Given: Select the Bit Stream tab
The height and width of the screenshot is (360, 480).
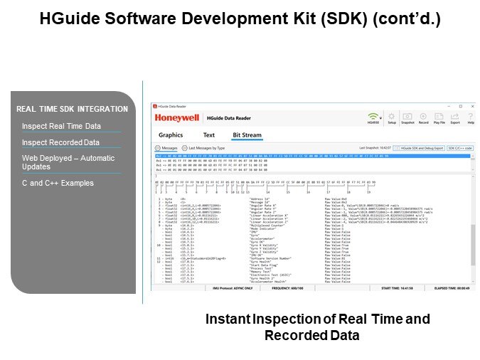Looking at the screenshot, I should point(247,135).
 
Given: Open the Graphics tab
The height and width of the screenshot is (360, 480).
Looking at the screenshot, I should point(171,135).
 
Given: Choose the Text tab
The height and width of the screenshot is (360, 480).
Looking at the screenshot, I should point(208,135).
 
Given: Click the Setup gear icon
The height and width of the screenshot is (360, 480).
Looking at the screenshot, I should point(391,117).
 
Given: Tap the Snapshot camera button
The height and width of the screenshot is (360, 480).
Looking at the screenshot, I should point(407,117).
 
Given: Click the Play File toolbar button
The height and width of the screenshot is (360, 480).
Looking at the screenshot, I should point(439,117).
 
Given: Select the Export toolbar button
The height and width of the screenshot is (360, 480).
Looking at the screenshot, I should point(455,117).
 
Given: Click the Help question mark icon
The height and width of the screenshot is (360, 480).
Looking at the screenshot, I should point(470,117).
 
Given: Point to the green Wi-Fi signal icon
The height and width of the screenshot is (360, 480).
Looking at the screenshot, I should point(373,116).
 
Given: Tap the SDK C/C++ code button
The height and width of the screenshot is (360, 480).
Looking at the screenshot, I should point(460,147).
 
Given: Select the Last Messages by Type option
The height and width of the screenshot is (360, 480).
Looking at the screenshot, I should point(206,148).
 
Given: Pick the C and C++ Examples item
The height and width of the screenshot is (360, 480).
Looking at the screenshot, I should point(58,183).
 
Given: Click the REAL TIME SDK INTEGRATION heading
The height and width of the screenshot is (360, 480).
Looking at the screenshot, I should point(72,109).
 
